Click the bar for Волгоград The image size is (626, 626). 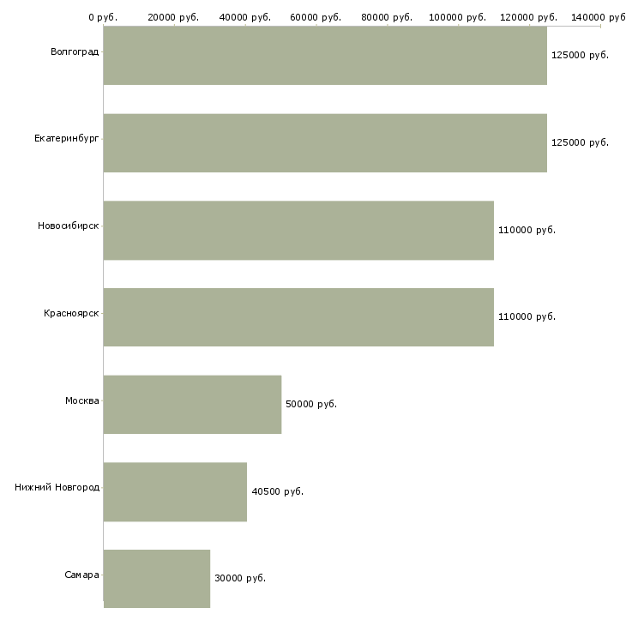click(325, 56)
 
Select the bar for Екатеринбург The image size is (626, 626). click(325, 143)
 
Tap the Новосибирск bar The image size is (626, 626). click(298, 231)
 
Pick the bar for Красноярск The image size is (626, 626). click(298, 317)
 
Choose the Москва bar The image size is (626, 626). click(192, 405)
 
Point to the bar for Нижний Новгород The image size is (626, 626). click(175, 492)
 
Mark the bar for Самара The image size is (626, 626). click(157, 579)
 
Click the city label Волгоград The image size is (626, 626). click(75, 52)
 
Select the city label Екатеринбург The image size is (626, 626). click(67, 138)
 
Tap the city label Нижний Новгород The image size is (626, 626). click(57, 488)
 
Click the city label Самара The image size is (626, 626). click(81, 575)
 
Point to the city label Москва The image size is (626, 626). click(82, 400)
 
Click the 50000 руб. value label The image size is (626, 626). click(311, 405)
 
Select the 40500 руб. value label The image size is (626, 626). click(278, 492)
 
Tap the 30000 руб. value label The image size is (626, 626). click(240, 579)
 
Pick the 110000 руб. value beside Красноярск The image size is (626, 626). click(527, 317)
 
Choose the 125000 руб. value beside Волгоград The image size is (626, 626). click(580, 56)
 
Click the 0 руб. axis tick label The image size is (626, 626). click(103, 17)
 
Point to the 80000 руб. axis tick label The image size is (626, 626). click(388, 17)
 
